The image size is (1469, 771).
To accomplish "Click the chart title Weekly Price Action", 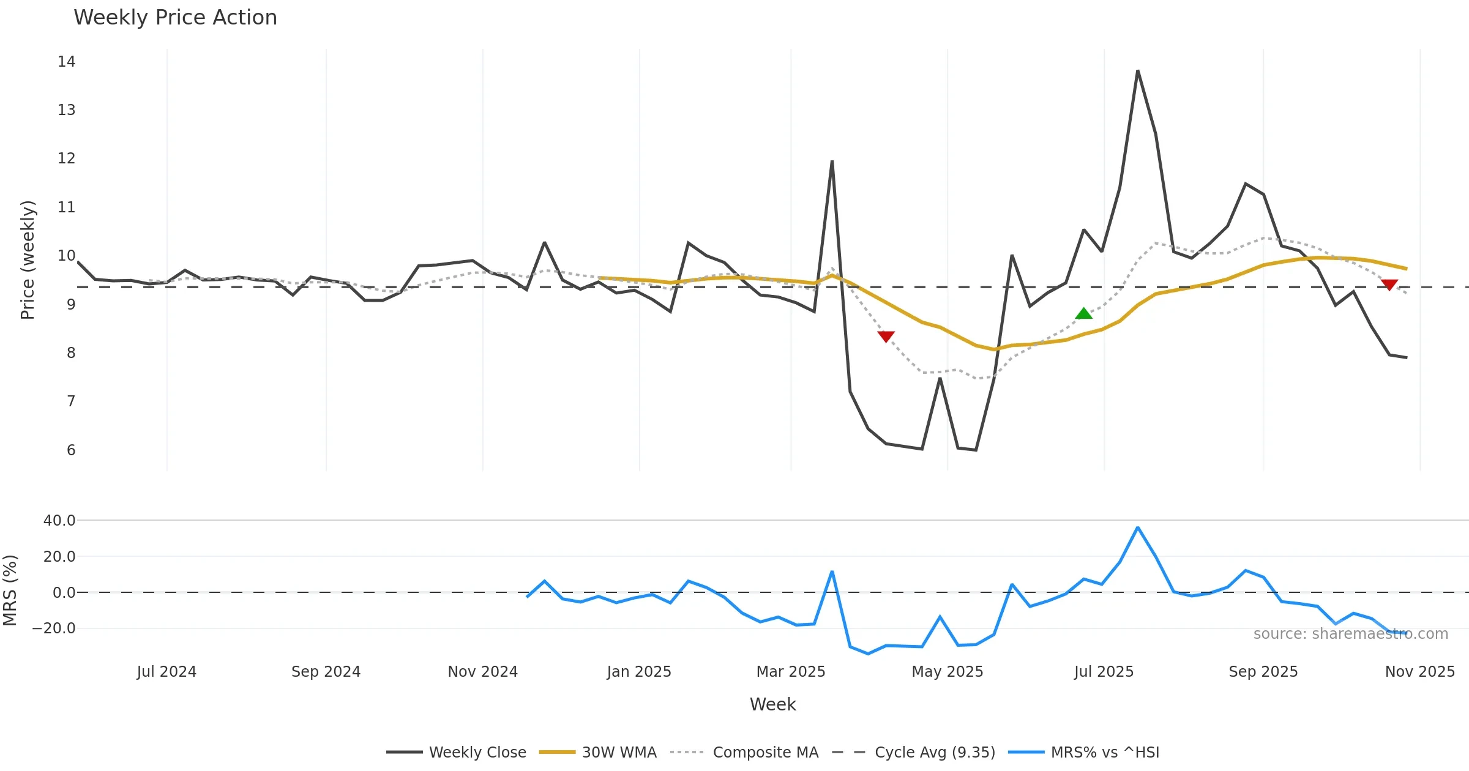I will tap(175, 18).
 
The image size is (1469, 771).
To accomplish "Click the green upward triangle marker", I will tap(1083, 314).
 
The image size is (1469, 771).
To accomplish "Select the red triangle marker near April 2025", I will tap(886, 336).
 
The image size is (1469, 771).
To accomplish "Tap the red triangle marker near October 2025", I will tap(1389, 285).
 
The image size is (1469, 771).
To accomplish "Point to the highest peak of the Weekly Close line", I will tap(1137, 71).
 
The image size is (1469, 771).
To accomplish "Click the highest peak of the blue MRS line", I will tap(1137, 527).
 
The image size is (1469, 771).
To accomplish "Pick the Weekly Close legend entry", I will tap(456, 752).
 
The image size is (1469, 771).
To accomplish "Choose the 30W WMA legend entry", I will tap(598, 752).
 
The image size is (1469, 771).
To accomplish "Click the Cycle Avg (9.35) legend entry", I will tap(914, 752).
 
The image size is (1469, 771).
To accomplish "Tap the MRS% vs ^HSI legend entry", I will tap(1084, 752).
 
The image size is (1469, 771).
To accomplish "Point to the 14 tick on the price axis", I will tap(66, 62).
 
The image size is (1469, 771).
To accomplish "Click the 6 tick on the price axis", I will tap(71, 450).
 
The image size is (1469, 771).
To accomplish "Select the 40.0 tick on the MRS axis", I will tap(59, 521).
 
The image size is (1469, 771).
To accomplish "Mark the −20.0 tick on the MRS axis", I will tap(54, 628).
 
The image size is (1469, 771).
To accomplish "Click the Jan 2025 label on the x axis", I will tap(639, 672).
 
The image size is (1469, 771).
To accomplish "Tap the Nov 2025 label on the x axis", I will tap(1419, 672).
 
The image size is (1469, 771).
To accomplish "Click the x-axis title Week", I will tap(772, 705).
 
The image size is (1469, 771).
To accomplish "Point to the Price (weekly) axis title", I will tap(28, 260).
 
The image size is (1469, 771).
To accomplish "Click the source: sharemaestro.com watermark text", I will tap(1350, 634).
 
